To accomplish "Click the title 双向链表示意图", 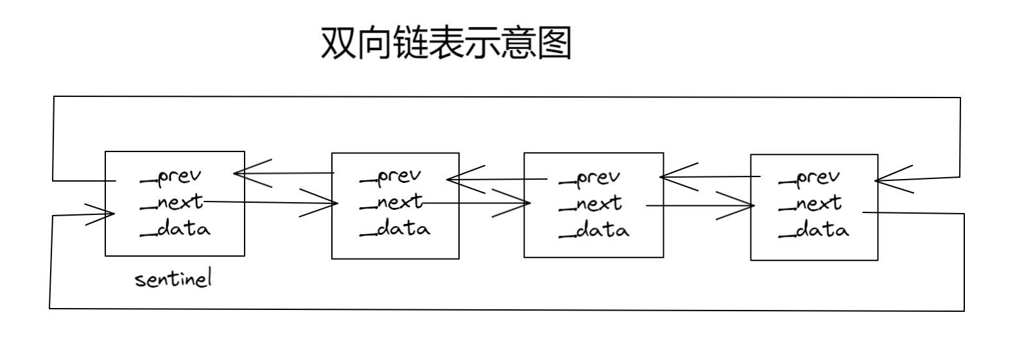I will pyautogui.click(x=446, y=44).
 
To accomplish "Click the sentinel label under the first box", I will pyautogui.click(x=173, y=280).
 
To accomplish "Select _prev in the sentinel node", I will pyautogui.click(x=171, y=176).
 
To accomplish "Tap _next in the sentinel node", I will pyautogui.click(x=171, y=202).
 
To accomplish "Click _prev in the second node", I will pyautogui.click(x=390, y=176).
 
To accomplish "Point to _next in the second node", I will pyautogui.click(x=391, y=203).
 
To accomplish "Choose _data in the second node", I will pyautogui.click(x=394, y=228).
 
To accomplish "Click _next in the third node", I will pyautogui.click(x=590, y=204).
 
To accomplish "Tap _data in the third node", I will pyautogui.click(x=593, y=230).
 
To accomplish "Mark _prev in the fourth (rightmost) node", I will pyautogui.click(x=809, y=178).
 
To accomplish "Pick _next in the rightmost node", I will pyautogui.click(x=810, y=204).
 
